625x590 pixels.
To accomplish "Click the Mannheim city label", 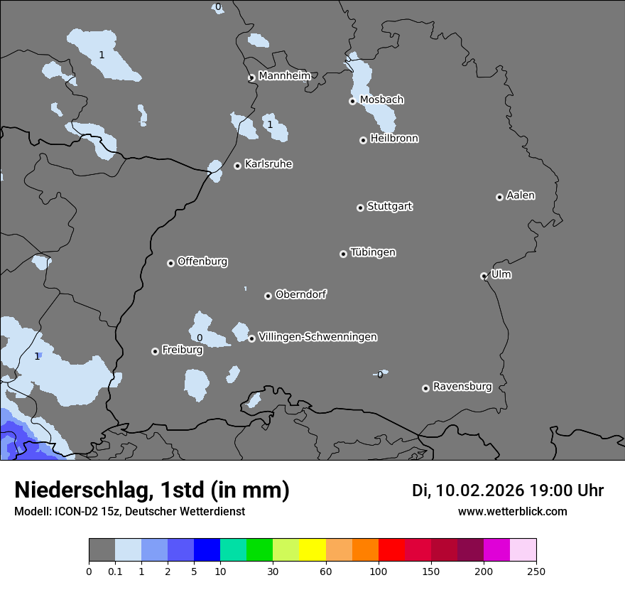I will click(284, 75).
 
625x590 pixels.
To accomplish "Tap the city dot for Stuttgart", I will click(360, 208).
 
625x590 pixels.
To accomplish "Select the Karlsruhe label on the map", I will click(268, 164).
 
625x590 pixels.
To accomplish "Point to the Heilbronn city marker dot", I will click(363, 140).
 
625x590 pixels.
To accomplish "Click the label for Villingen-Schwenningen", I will click(317, 337).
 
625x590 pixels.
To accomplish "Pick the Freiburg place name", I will click(182, 350).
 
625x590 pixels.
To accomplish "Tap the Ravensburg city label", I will click(462, 387).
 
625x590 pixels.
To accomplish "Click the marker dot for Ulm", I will click(484, 276).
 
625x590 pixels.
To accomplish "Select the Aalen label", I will click(521, 195).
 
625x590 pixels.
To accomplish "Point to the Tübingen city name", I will click(373, 252).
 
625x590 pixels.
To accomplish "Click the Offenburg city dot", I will click(170, 263).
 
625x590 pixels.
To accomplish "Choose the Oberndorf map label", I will click(300, 294).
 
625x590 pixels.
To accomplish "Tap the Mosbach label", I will click(381, 100).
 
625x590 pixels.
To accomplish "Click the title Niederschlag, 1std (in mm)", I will click(152, 490).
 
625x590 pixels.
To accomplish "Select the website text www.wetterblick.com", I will click(512, 511).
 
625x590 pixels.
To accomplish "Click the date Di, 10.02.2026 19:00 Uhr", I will click(508, 490).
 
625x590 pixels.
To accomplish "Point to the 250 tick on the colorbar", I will click(536, 571).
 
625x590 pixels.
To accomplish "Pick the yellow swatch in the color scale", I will click(312, 550).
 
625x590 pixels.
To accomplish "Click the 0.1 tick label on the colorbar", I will click(115, 571).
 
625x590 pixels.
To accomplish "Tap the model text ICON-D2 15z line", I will click(129, 511).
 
